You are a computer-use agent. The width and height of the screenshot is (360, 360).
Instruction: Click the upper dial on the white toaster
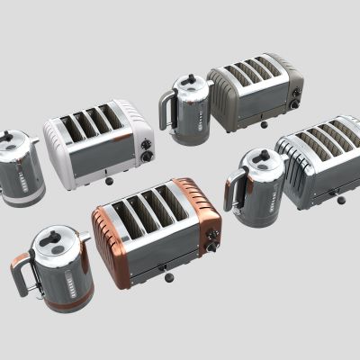[x=144, y=140]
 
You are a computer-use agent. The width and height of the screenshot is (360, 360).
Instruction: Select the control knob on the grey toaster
[x=294, y=103]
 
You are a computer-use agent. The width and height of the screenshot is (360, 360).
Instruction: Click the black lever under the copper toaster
[x=162, y=267]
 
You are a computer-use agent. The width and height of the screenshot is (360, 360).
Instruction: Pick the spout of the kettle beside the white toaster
[x=36, y=141]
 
